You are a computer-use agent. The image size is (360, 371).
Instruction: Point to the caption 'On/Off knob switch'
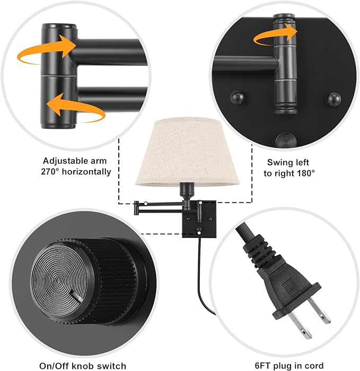pyautogui.click(x=83, y=365)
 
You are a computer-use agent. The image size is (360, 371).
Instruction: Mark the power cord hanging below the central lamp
pyautogui.click(x=198, y=276)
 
